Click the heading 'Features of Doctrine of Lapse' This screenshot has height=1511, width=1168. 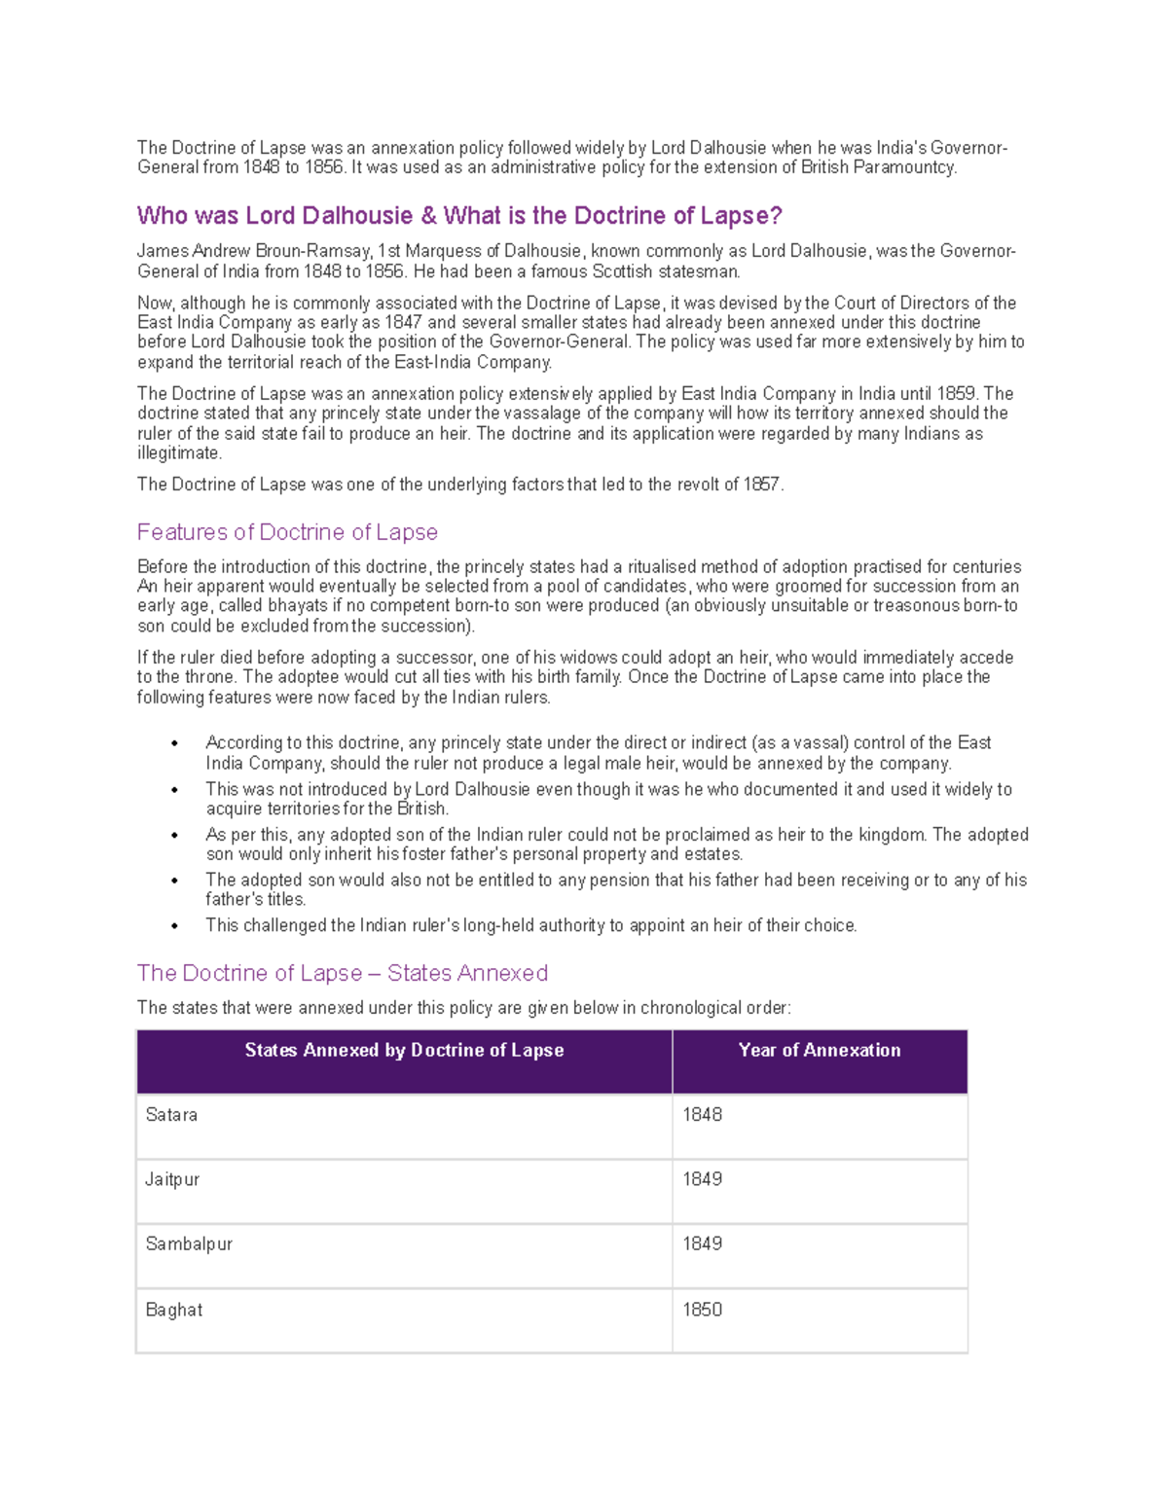point(287,532)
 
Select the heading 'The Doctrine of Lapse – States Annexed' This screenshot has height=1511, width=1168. point(342,973)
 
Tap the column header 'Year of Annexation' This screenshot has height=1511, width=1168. point(820,1050)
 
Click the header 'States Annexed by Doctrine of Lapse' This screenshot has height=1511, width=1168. point(404,1050)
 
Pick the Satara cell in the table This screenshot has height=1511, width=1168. point(171,1115)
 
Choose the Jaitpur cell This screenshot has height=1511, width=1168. point(172,1179)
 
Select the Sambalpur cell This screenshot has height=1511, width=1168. point(189,1243)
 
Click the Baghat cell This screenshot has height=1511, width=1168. point(174,1310)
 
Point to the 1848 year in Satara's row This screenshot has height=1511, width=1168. point(702,1115)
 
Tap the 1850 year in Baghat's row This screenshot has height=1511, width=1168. point(702,1310)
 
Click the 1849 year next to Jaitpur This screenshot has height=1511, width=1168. point(702,1179)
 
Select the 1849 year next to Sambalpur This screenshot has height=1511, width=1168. point(702,1243)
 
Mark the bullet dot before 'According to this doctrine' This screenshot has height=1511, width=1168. point(175,744)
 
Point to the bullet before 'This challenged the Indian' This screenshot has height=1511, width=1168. point(175,926)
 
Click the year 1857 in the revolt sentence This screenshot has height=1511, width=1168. point(762,485)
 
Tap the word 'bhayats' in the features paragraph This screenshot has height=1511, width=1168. point(298,606)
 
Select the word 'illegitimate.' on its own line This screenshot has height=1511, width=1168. point(180,453)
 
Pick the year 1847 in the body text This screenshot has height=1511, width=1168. point(403,323)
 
